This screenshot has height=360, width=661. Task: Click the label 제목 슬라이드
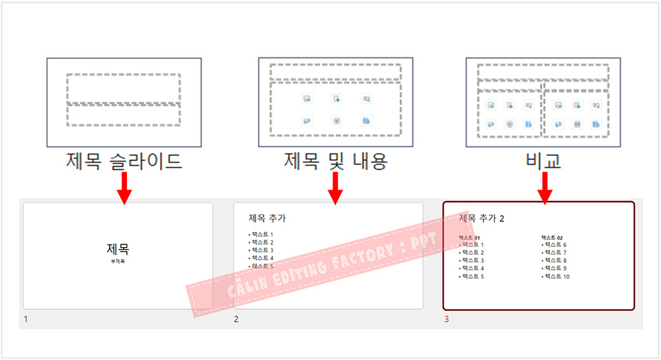124,161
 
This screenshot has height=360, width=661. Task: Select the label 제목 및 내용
336,161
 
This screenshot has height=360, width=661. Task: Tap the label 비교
543,161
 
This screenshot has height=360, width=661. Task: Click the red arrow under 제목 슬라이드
124,189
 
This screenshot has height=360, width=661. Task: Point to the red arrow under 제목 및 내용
336,189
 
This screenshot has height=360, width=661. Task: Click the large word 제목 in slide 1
118,250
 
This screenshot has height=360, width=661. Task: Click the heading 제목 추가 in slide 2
267,218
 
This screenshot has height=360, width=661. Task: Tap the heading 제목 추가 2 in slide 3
481,218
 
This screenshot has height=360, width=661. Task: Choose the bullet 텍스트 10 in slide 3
557,276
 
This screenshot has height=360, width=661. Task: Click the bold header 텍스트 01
469,238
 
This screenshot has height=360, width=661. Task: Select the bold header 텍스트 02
552,238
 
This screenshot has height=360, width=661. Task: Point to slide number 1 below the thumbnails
26,320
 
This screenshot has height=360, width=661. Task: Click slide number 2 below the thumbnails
236,320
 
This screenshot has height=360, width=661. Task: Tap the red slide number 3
446,320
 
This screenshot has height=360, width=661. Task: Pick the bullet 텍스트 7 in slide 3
555,252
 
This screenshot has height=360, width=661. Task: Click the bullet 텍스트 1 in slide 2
262,234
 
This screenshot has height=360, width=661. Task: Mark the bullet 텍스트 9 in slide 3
555,268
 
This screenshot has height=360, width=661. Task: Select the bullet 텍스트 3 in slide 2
262,250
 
